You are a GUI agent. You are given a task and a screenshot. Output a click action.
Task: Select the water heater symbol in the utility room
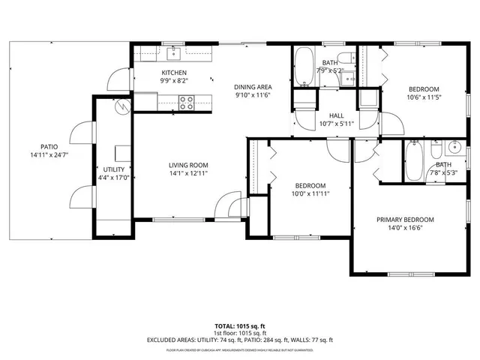coord(120,106)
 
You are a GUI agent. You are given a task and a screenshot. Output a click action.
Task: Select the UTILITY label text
coord(113,169)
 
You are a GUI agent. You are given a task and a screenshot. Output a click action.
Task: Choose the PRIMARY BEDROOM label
coord(405,220)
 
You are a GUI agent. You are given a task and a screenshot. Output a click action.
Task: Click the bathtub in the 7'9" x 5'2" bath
coord(304,67)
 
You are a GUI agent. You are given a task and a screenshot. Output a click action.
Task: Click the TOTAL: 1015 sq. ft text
coord(240,326)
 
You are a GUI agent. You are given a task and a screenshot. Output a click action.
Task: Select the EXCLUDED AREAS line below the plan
coord(240,340)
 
